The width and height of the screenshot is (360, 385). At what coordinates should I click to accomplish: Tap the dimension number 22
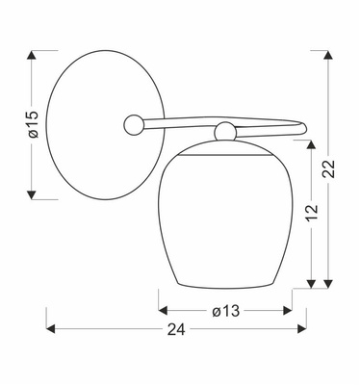point(329,167)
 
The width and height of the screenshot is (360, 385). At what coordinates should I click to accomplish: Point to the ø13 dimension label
point(225,310)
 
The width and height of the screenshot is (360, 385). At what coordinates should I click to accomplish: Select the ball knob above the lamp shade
point(224,131)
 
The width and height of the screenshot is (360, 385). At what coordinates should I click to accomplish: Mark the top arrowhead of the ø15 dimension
point(32,50)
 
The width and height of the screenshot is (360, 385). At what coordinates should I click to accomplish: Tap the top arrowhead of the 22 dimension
point(329,48)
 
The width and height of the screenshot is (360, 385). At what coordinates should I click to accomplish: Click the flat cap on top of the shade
point(224,146)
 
